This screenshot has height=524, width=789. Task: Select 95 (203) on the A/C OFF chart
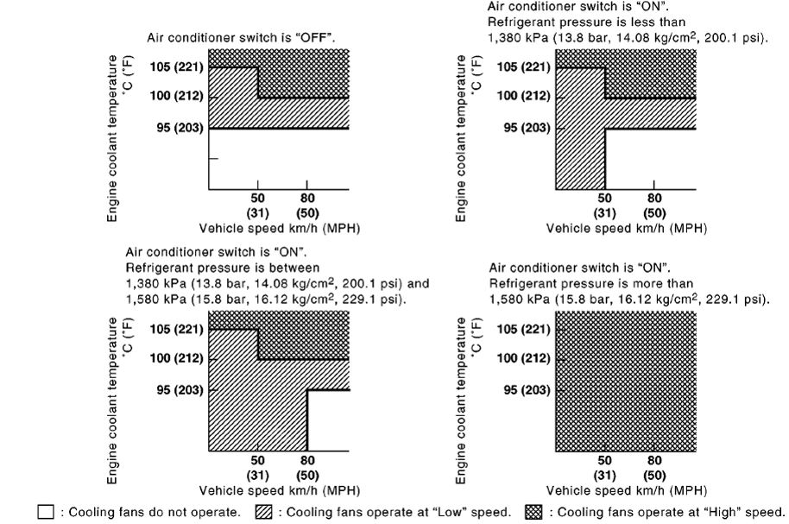177,128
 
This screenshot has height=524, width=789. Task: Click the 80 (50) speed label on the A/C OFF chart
306,205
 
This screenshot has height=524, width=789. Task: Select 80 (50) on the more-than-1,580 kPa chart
654,467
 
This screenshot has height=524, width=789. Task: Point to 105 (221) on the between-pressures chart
175,329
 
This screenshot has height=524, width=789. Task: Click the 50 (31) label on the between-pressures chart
258,467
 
